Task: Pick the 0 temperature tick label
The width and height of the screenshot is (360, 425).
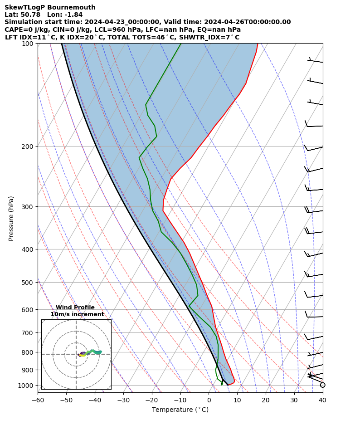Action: (209, 400)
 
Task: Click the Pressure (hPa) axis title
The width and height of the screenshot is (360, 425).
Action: (11, 218)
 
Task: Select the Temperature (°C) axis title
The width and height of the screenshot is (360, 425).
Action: (180, 410)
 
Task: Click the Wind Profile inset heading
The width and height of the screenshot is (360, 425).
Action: (75, 308)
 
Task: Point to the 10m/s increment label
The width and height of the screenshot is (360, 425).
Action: (77, 314)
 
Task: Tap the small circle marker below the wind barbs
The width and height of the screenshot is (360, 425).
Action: (322, 385)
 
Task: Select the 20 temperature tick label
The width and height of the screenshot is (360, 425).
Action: (265, 400)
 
